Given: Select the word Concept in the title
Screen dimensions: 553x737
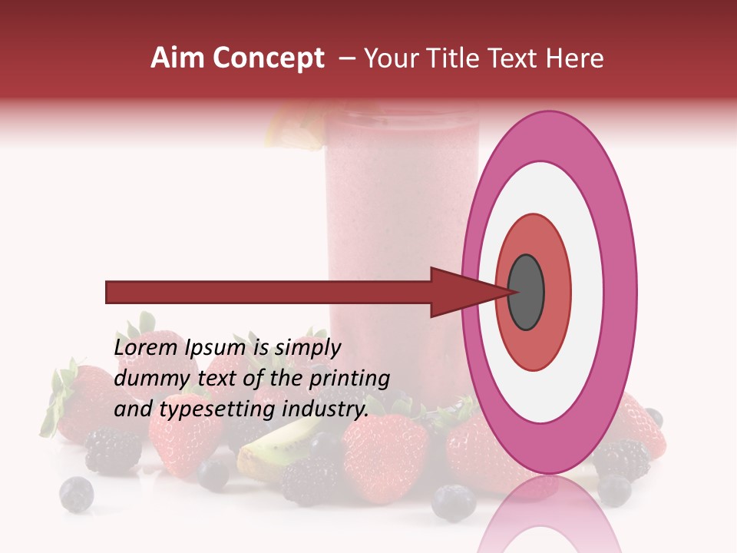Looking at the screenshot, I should click(x=269, y=58).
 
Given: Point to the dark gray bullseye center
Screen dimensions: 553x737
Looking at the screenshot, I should click(x=526, y=292).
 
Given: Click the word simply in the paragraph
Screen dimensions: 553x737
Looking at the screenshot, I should click(x=307, y=349).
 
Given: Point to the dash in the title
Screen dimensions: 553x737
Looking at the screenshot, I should click(x=346, y=58).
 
